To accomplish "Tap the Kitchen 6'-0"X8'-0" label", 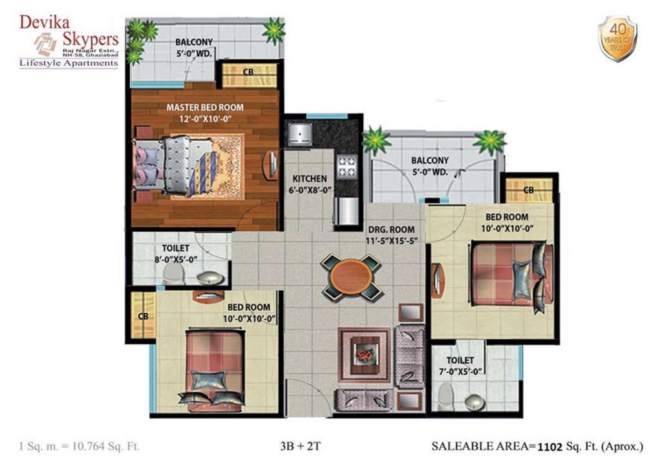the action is click(310, 184).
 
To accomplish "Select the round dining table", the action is click(351, 277).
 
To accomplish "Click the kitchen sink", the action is click(299, 134).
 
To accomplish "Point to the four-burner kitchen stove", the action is click(347, 166).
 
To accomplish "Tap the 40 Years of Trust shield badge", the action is click(617, 38).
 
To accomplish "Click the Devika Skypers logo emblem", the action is click(45, 44).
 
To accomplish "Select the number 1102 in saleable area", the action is click(550, 446).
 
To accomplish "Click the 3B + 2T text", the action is click(300, 446).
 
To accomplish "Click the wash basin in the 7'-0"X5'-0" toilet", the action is click(475, 402).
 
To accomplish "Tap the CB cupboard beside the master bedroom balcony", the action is click(250, 75).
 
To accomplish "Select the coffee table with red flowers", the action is click(365, 354).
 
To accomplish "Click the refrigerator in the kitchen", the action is click(347, 211).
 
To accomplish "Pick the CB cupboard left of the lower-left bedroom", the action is click(143, 315).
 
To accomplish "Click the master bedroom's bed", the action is click(189, 166).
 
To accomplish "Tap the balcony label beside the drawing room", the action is click(430, 166).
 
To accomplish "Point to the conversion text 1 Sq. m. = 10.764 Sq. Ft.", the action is click(80, 446).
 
